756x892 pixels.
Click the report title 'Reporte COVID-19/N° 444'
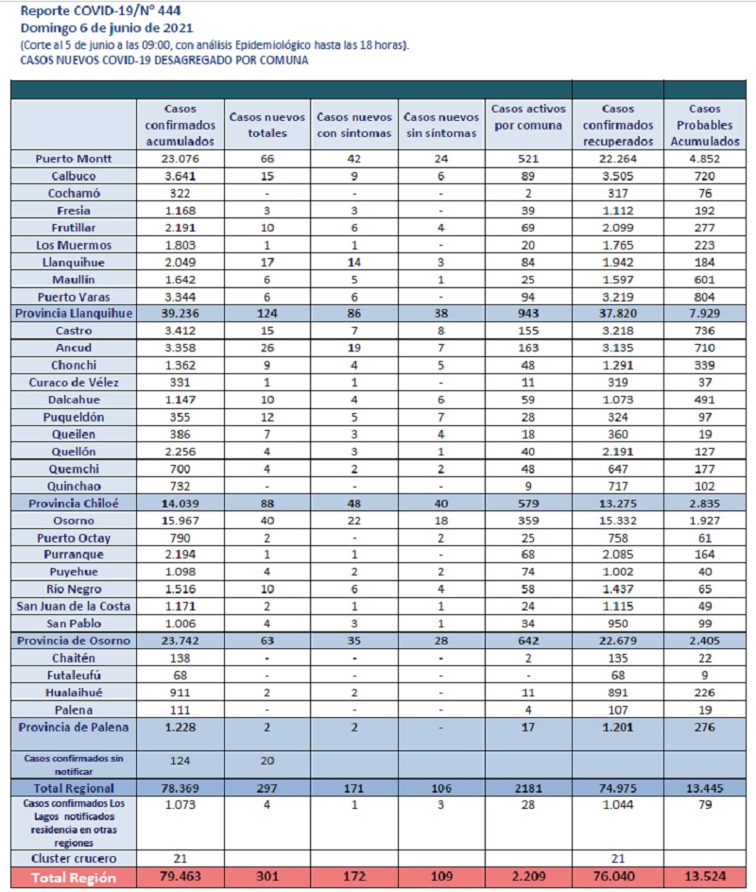point(101,10)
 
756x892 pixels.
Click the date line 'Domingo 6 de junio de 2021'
point(107,28)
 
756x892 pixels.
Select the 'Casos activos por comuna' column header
point(528,116)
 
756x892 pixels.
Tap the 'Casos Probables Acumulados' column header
point(705,125)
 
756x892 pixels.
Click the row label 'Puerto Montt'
point(74,159)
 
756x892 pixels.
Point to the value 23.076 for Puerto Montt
point(180,159)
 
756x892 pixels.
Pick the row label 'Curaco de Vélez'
point(74,383)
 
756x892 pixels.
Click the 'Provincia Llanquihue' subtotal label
point(74,314)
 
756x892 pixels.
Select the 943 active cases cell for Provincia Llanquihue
point(528,314)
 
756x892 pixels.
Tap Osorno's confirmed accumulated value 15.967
point(180,521)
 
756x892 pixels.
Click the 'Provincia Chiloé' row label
point(74,504)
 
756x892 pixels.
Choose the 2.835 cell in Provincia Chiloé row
point(705,504)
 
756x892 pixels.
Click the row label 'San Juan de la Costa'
point(74,607)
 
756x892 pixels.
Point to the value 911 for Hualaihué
point(180,693)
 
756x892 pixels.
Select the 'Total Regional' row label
point(74,788)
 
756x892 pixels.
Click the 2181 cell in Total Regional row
point(528,788)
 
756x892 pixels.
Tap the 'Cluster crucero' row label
point(74,858)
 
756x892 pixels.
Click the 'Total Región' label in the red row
point(74,878)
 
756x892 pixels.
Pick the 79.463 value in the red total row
point(180,877)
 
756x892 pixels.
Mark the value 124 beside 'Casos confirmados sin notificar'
point(180,761)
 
